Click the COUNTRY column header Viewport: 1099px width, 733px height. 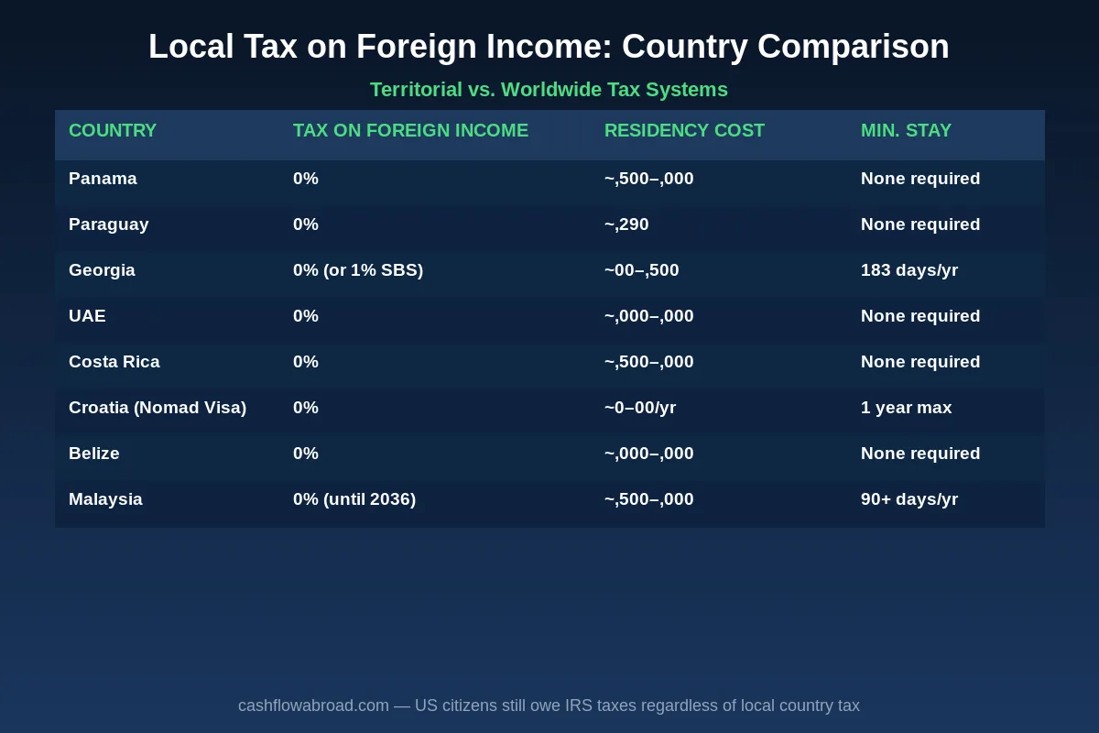pyautogui.click(x=113, y=130)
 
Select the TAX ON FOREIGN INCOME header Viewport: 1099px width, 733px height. pyautogui.click(x=410, y=130)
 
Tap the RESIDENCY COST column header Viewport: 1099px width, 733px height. pyautogui.click(x=684, y=130)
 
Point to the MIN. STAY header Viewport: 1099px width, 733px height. pyautogui.click(x=906, y=130)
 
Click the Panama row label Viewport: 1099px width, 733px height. pyautogui.click(x=103, y=179)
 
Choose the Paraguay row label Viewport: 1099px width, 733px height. pyautogui.click(x=108, y=224)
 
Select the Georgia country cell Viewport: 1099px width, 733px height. pyautogui.click(x=102, y=270)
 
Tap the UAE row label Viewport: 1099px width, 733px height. pyautogui.click(x=87, y=316)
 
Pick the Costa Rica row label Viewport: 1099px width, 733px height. pyautogui.click(x=114, y=362)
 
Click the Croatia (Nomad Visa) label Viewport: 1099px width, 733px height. pyautogui.click(x=158, y=408)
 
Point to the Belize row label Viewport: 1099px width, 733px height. pyautogui.click(x=93, y=454)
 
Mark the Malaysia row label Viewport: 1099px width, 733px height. pyautogui.click(x=105, y=499)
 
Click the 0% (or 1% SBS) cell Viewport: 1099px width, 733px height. pyautogui.click(x=358, y=270)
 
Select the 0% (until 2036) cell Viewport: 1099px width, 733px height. pyautogui.click(x=354, y=499)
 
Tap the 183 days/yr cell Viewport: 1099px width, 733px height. pyautogui.click(x=909, y=270)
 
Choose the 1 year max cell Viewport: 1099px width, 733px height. pyautogui.click(x=906, y=408)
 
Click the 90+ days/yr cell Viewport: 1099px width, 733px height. pyautogui.click(x=909, y=499)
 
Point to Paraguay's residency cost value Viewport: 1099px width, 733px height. pyautogui.click(x=626, y=224)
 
